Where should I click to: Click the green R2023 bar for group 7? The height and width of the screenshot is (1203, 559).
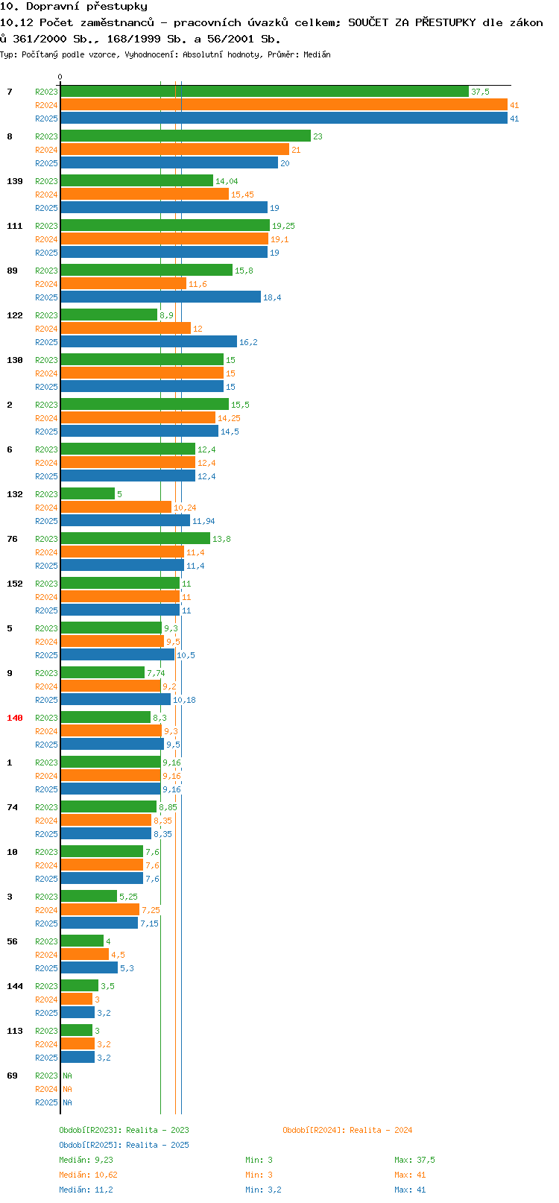click(x=265, y=92)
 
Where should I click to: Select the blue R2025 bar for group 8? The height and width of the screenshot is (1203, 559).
click(x=169, y=163)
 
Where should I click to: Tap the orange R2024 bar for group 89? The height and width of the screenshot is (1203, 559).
click(x=124, y=284)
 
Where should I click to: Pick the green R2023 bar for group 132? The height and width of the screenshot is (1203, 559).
click(x=88, y=494)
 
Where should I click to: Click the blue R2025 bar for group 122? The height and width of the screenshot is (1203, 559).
click(x=149, y=342)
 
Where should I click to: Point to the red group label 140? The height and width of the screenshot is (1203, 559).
click(x=15, y=718)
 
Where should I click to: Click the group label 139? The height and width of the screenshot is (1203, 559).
click(x=15, y=181)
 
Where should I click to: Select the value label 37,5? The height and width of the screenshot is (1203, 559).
click(x=480, y=92)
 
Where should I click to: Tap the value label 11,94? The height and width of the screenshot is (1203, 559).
click(x=203, y=521)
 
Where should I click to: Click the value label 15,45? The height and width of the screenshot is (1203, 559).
click(x=242, y=195)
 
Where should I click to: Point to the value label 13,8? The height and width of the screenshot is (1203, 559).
click(x=221, y=539)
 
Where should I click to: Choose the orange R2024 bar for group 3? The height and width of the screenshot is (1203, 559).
click(x=100, y=910)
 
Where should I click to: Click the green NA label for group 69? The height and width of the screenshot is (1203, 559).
click(x=67, y=1076)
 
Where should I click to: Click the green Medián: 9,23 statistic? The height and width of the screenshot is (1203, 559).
click(x=86, y=1160)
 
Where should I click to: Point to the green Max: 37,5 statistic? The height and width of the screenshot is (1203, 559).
click(x=414, y=1160)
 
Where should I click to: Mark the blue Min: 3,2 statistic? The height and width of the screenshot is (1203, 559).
click(x=263, y=1190)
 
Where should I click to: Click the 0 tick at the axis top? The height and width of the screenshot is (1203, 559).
click(x=60, y=77)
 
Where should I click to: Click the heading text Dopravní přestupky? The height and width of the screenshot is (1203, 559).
click(x=86, y=7)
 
